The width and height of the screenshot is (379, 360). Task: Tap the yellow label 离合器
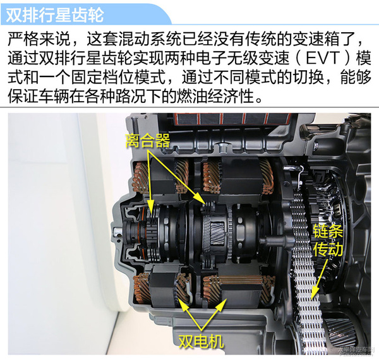coord(148,140)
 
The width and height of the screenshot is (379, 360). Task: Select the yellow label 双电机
coord(201,342)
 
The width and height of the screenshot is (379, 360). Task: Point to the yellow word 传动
coord(328,248)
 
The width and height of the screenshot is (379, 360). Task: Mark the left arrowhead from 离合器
coord(152,210)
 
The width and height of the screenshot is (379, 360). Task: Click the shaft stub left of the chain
coord(278,241)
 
